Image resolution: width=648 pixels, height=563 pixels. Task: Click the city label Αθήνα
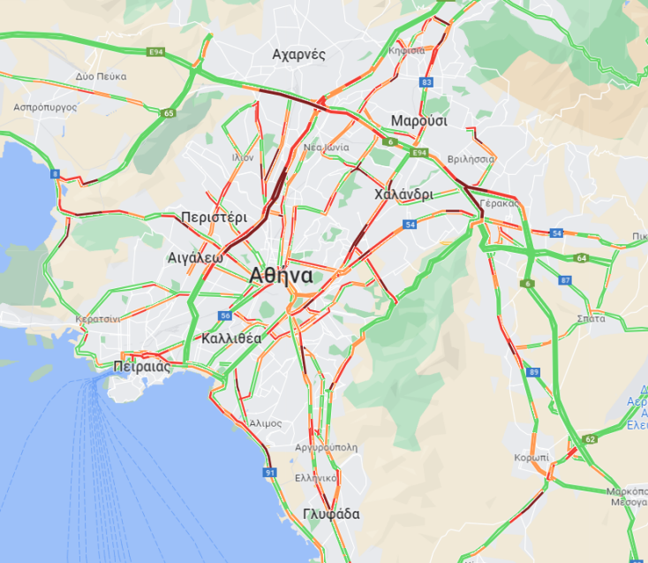281,274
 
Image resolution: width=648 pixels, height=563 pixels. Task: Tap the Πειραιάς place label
141,366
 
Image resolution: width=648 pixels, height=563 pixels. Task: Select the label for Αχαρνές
299,55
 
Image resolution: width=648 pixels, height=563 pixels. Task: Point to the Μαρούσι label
419,121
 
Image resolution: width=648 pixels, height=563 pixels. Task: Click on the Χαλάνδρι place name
403,194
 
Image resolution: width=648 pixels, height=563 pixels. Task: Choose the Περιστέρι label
213,217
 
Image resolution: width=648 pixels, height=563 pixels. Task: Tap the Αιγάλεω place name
193,258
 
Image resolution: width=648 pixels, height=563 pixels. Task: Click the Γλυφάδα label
331,514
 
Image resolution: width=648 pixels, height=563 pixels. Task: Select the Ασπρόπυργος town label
46,106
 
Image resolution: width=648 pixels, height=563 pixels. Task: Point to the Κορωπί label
531,458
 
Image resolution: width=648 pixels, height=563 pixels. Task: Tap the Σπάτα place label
591,316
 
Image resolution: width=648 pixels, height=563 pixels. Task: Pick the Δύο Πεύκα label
101,77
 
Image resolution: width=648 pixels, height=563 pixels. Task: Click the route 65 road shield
169,113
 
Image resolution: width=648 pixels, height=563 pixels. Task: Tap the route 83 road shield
427,82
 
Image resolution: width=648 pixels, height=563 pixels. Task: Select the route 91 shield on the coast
270,473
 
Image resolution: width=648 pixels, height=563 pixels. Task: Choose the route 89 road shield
534,372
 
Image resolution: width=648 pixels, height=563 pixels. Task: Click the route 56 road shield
226,316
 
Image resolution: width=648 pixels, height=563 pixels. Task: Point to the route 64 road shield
581,258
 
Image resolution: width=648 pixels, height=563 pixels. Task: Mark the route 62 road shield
591,438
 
